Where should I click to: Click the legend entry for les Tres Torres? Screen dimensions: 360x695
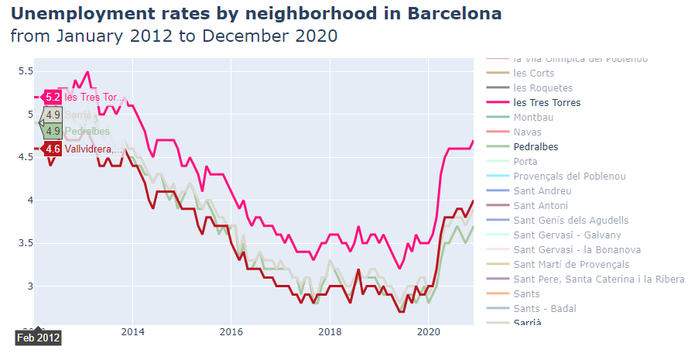546,103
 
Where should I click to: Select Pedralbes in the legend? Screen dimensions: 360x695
536,146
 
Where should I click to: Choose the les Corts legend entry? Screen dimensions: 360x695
533,74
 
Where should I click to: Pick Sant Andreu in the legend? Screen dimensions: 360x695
542,190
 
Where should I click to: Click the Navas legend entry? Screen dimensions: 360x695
527,132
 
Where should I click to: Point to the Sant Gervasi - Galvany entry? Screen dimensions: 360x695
567,235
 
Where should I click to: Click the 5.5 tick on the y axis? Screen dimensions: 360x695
26,71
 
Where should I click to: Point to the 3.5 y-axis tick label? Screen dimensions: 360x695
26,243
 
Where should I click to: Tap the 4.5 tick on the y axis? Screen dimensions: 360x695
26,157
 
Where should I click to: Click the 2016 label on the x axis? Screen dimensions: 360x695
231,331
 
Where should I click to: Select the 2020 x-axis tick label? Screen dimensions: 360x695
429,331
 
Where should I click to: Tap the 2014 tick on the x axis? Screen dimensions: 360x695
133,331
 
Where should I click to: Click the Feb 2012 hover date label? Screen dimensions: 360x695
39,338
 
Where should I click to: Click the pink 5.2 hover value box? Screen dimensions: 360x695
53,98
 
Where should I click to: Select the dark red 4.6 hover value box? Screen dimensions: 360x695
53,149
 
